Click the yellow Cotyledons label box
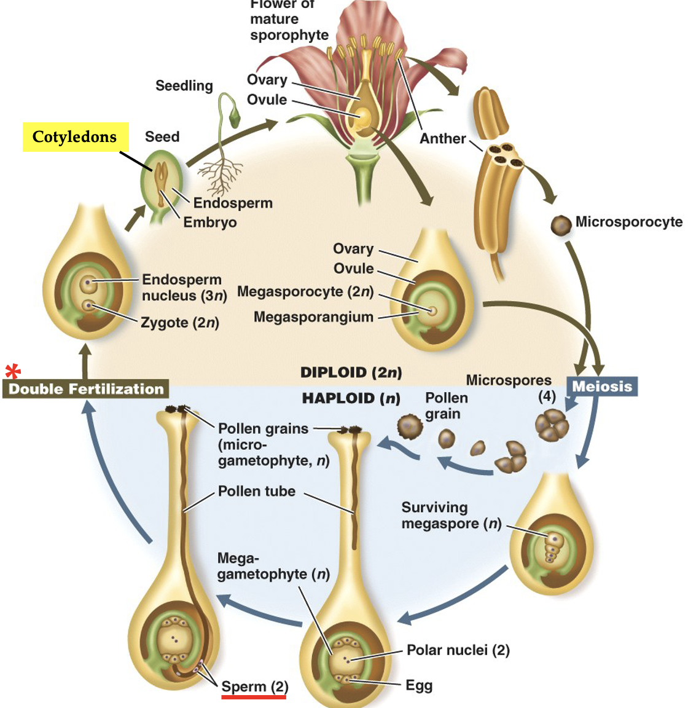(x=75, y=136)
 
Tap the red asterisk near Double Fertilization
(x=13, y=372)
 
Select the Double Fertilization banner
(x=86, y=389)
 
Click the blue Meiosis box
(x=601, y=387)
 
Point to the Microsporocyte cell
(x=560, y=226)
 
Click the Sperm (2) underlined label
(x=254, y=687)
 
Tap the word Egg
(x=419, y=685)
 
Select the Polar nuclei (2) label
(x=458, y=650)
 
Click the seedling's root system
(x=219, y=175)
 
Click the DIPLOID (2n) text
(x=351, y=372)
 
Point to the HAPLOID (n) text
(x=351, y=399)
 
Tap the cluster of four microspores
(x=547, y=425)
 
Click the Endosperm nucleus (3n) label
(x=184, y=288)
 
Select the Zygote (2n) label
(x=179, y=323)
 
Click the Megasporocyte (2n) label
(x=305, y=291)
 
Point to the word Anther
(x=442, y=139)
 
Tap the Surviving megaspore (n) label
(x=451, y=516)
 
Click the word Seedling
(x=184, y=86)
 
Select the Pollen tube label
(x=257, y=492)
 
